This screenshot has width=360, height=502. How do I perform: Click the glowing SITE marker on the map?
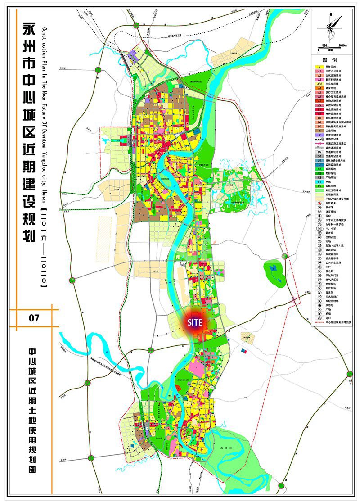coord(195,322)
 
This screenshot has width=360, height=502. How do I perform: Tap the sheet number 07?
coord(34,318)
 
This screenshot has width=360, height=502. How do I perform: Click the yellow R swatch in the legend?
coord(319,66)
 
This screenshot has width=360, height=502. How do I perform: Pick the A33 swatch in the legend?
coord(319,83)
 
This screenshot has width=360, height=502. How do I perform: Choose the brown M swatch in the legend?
coord(319,130)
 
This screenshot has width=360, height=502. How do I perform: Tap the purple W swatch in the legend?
coord(319,135)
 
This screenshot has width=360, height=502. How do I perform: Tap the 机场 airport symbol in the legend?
coord(319,313)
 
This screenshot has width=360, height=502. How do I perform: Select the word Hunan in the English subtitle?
coord(44,187)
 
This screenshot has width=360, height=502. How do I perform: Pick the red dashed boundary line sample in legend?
coord(319,322)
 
